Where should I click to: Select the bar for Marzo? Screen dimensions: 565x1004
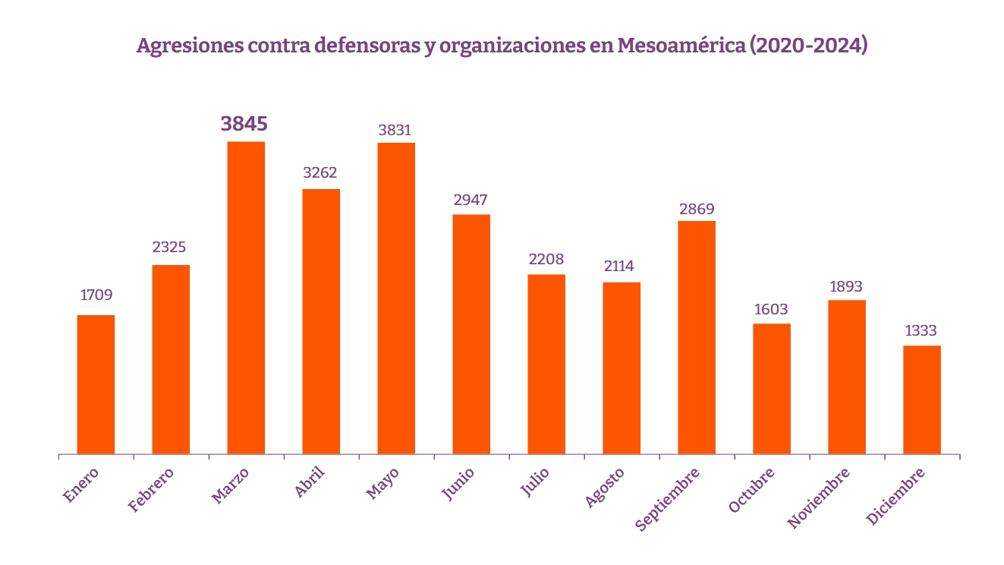pos(247,298)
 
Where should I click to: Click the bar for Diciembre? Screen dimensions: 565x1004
pos(922,399)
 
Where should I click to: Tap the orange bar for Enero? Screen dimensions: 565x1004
pos(96,384)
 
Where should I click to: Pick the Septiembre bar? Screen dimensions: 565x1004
pos(697,337)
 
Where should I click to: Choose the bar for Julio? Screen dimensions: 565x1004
pos(546,364)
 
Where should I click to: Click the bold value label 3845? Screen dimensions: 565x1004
pos(244,123)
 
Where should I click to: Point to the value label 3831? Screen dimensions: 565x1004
pos(395,131)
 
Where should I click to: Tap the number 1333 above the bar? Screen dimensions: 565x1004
pos(921,331)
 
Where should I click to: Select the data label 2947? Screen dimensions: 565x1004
pos(471,200)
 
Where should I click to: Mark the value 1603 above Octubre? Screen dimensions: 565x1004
pos(772,310)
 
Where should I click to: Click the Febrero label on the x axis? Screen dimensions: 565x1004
pos(152,490)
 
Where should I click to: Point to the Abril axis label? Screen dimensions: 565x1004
pos(310,482)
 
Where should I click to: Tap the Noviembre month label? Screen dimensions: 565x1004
pos(819,497)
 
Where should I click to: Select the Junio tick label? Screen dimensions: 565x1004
pos(458,484)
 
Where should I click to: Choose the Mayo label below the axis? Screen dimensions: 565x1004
pos(383,483)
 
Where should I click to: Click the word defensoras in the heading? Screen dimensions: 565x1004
pos(366,46)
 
